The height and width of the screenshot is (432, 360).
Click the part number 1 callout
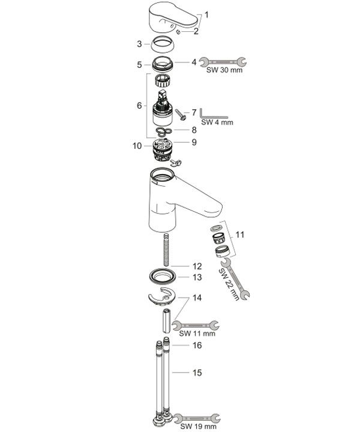click(206, 15)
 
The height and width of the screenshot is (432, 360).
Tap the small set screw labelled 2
click(178, 32)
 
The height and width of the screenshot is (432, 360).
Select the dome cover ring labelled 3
click(163, 44)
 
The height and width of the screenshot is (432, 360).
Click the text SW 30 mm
click(224, 70)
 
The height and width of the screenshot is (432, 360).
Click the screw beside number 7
click(181, 115)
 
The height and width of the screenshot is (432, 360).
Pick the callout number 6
click(139, 106)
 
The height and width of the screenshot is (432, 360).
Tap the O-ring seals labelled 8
click(163, 131)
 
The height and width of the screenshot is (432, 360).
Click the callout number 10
click(137, 146)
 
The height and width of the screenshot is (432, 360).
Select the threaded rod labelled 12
click(166, 250)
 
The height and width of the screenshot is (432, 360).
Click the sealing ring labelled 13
click(163, 275)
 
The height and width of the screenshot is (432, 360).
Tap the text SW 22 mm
click(229, 284)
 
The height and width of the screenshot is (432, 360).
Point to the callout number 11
click(240, 235)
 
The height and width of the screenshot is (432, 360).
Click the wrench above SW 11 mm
click(196, 326)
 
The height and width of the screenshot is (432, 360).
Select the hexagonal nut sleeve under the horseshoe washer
click(166, 321)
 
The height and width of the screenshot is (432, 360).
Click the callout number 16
click(197, 345)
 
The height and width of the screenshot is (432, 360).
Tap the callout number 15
click(197, 373)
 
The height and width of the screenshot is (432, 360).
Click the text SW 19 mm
click(199, 427)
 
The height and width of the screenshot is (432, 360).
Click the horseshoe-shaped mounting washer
click(162, 296)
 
